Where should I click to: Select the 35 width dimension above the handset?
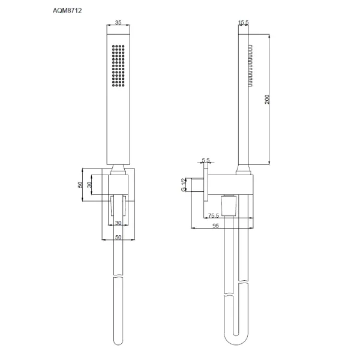coord(118,23)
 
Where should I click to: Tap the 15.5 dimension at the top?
coord(244,23)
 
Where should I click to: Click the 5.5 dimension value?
coord(206,161)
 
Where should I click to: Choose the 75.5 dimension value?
coord(213,216)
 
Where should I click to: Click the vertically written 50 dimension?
coord(80,185)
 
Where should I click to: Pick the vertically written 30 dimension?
coord(90,185)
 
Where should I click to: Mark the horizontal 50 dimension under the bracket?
coord(118,238)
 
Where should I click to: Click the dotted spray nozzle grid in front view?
coord(118,66)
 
